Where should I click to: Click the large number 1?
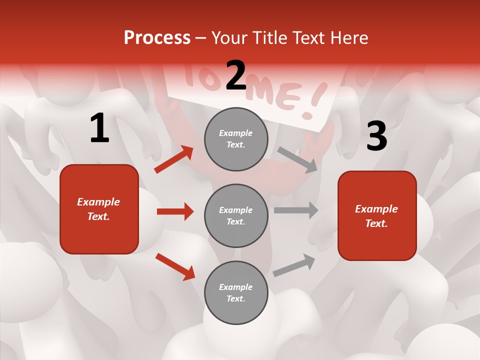[x=99, y=128]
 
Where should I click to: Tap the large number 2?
[x=236, y=75]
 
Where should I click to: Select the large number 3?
[x=376, y=136]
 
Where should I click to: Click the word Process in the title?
[x=157, y=37]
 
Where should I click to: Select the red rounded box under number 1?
[x=99, y=209]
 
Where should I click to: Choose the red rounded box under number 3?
[x=377, y=215]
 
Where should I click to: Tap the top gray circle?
[x=236, y=139]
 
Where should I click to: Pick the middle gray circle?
[x=236, y=215]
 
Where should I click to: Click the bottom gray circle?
[x=236, y=292]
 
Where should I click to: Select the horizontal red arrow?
[x=175, y=211]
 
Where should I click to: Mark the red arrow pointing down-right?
[x=175, y=266]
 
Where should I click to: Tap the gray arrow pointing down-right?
[x=297, y=159]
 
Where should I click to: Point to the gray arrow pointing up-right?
[x=294, y=265]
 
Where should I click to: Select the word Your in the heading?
[x=229, y=37]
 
